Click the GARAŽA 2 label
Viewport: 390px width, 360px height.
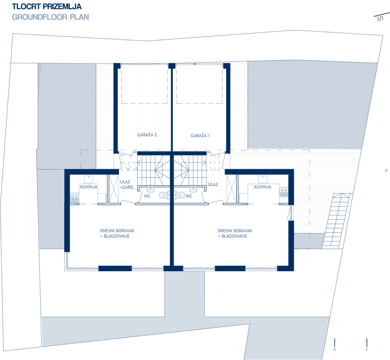[147, 135]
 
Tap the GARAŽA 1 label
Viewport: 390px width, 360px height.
[200, 136]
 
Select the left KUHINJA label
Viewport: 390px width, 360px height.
[88, 187]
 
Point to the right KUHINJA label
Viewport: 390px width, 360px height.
[262, 187]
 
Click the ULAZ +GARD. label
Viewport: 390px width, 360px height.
[127, 184]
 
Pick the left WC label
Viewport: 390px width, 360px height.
[147, 196]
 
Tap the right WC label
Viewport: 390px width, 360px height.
[189, 196]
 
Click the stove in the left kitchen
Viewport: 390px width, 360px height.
[75, 198]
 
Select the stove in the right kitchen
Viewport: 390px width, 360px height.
[284, 192]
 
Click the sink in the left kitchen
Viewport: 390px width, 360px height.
[88, 179]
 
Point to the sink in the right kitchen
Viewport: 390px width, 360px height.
[263, 179]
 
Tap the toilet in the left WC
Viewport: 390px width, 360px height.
[163, 195]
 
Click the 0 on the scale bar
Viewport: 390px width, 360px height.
[334, 349]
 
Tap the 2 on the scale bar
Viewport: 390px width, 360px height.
[367, 349]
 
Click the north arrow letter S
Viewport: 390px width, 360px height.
[380, 19]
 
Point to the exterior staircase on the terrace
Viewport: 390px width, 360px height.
[336, 221]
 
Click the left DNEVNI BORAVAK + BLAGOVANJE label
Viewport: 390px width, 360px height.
[117, 233]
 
